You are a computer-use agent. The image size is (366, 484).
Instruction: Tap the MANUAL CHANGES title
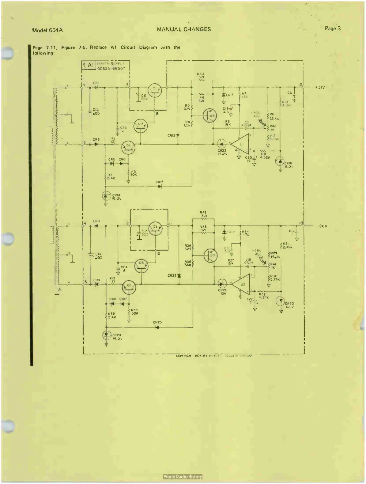pos(184,29)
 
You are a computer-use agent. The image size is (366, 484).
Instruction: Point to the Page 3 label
pos(333,28)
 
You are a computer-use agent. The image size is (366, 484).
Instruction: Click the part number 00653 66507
pos(111,69)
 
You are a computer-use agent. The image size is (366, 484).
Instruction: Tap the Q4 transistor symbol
pos(210,116)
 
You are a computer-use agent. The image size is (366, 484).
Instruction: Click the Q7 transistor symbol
pos(211,255)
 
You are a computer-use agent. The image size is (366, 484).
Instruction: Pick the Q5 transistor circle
pos(129,286)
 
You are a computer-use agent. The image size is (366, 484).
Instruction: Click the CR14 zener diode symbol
pos(106,195)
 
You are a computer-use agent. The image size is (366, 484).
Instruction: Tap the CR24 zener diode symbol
pos(106,335)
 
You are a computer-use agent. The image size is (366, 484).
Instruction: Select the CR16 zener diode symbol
pos(280,161)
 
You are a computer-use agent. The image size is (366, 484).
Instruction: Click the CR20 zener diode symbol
pos(281,301)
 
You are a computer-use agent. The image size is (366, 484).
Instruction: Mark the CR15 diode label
pos(159,182)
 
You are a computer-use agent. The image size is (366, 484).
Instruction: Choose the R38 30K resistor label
pos(134,312)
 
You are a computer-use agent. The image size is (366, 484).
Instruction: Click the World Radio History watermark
pos(183,477)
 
